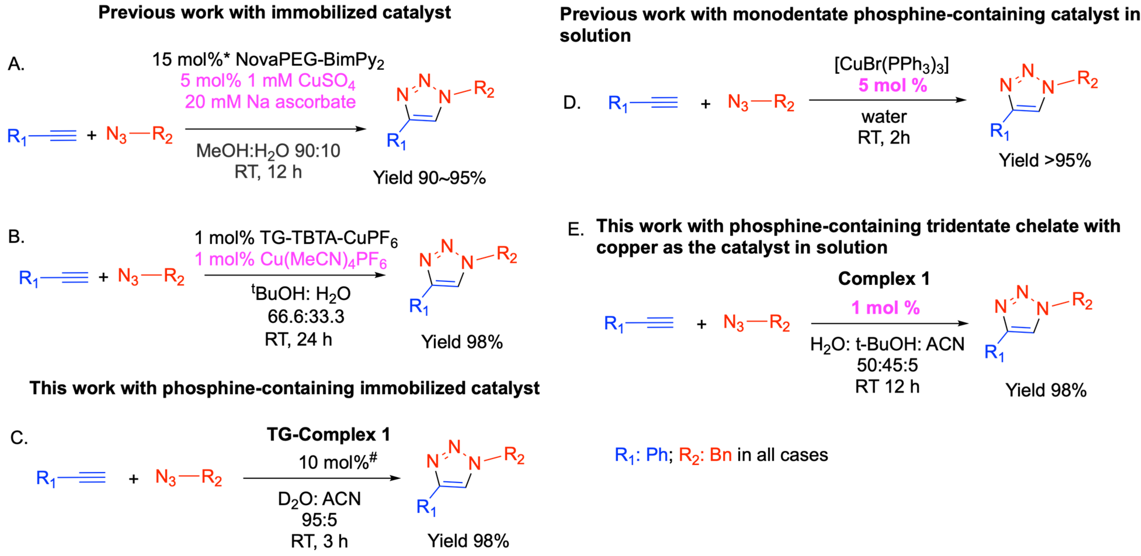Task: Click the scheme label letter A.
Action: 16,65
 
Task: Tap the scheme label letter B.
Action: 16,237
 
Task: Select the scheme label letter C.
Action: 19,438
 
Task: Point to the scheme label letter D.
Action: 572,103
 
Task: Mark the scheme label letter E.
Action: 575,229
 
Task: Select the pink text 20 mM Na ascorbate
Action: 270,102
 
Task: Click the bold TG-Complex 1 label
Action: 328,434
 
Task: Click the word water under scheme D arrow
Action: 884,117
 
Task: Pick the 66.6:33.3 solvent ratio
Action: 306,316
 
